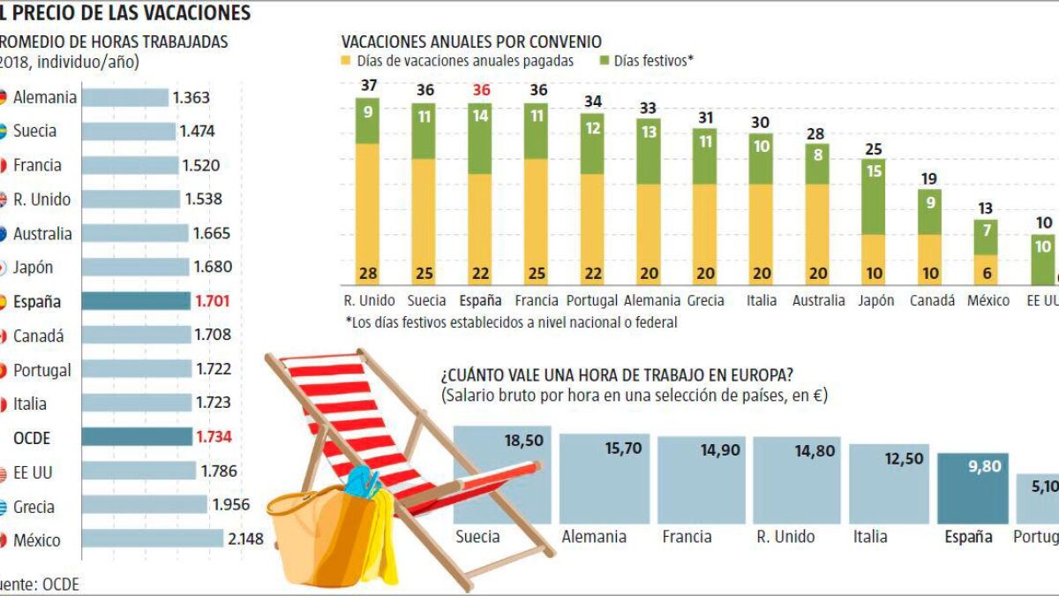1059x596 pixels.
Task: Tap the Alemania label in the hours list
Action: coord(44,97)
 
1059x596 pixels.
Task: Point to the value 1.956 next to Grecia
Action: coord(230,506)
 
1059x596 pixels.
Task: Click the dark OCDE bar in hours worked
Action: coord(136,437)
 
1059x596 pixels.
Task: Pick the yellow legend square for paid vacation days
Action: coord(347,62)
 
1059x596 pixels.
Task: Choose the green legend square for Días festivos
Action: coord(604,62)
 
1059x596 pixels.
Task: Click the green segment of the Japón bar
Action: coord(874,196)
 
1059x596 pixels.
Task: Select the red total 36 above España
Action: coord(481,91)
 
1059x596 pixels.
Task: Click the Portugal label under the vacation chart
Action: coord(593,300)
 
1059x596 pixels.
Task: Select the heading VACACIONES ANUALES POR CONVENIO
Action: coord(471,41)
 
